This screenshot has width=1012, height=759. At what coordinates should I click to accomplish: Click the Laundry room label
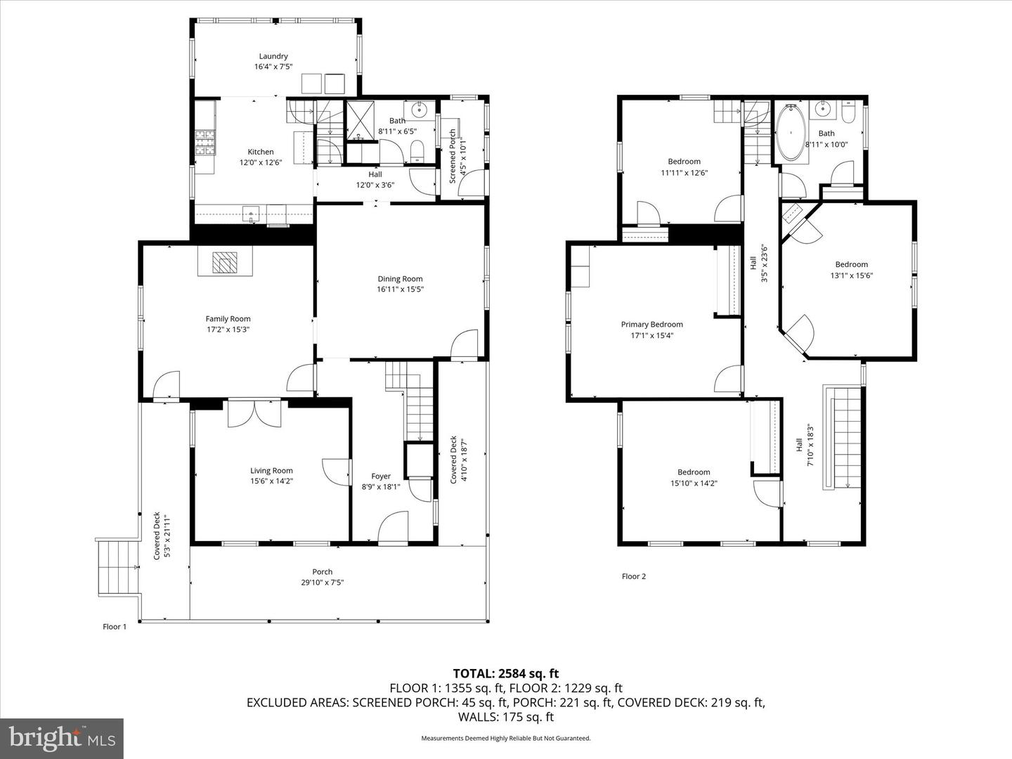(273, 56)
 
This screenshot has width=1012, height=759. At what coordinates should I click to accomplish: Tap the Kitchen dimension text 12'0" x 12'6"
(261, 162)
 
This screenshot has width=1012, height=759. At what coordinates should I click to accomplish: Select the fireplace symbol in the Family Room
(225, 262)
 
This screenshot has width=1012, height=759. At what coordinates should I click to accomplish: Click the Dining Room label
(400, 279)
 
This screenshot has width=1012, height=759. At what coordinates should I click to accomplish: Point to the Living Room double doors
(254, 413)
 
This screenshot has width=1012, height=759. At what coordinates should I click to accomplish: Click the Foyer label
(381, 476)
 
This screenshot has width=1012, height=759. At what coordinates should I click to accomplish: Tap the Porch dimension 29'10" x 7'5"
(323, 582)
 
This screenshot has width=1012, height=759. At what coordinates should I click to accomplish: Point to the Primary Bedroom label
(651, 325)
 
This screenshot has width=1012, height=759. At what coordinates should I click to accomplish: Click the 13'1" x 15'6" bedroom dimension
(851, 275)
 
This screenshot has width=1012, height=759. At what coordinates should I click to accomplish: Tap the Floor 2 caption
(633, 576)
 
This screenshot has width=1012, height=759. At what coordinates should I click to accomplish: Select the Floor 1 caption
(115, 627)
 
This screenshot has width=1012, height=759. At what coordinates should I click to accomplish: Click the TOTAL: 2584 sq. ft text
(505, 674)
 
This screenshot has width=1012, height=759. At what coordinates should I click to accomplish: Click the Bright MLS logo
(62, 738)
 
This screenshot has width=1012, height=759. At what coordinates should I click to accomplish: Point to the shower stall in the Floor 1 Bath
(362, 120)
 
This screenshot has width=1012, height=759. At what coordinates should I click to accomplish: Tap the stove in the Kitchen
(205, 143)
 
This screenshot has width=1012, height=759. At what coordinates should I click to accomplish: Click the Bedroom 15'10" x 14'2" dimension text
(694, 483)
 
